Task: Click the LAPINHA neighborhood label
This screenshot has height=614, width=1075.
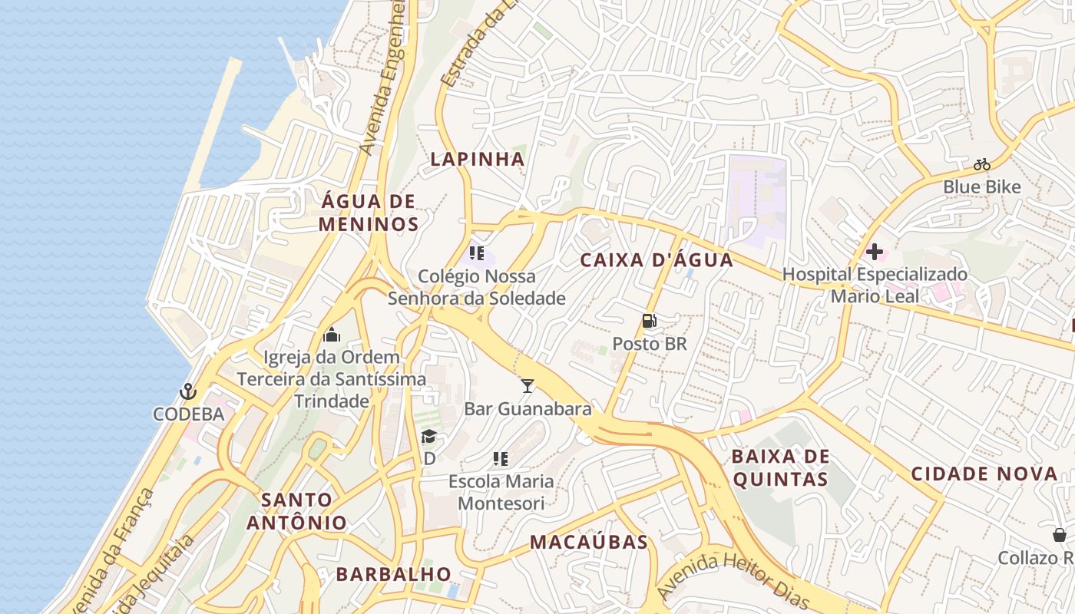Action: [477, 159]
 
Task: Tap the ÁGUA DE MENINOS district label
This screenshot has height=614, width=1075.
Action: [369, 213]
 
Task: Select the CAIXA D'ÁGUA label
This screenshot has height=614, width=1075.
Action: [657, 259]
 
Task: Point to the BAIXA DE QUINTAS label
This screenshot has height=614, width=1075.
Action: [779, 468]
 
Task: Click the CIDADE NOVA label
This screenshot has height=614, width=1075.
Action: [984, 474]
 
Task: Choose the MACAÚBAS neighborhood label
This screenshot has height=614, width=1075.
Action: [589, 542]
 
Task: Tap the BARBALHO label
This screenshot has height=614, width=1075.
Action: [394, 573]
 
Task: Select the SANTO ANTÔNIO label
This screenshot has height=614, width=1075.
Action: [296, 511]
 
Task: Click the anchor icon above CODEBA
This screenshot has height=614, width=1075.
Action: [188, 392]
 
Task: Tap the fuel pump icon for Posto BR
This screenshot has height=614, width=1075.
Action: [650, 321]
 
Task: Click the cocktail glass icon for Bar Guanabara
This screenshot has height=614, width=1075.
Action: [527, 385]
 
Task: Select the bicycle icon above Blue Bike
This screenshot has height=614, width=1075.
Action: [981, 163]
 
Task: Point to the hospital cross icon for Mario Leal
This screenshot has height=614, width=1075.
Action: [874, 252]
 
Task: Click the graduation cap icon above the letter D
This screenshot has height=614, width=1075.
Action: [428, 437]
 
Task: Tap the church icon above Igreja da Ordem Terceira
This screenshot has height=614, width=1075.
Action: [332, 335]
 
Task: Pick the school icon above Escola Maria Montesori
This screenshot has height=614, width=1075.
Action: [501, 459]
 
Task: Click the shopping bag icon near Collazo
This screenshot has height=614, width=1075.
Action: [1060, 534]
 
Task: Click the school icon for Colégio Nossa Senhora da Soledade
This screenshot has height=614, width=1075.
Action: [476, 253]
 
